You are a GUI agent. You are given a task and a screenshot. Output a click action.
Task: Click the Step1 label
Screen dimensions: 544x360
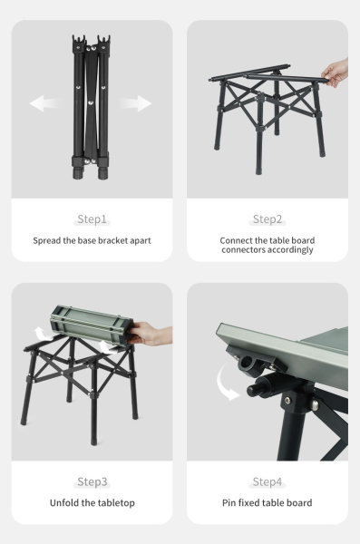(92, 219)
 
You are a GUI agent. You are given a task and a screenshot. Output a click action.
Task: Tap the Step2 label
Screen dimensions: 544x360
(268, 219)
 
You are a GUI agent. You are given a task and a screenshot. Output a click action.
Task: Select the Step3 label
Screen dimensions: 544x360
(92, 481)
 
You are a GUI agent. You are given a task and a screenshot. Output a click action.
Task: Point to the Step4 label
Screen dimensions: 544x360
(268, 481)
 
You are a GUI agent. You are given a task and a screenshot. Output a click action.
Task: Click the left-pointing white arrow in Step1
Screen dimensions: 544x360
(44, 104)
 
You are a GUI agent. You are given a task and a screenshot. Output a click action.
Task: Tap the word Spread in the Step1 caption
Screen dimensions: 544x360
(49, 240)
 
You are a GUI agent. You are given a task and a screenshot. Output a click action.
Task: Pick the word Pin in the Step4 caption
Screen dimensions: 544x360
(230, 503)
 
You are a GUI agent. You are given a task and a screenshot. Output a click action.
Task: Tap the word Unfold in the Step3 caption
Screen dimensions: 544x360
(67, 503)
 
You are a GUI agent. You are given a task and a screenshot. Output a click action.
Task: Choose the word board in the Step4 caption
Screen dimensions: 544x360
(296, 503)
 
